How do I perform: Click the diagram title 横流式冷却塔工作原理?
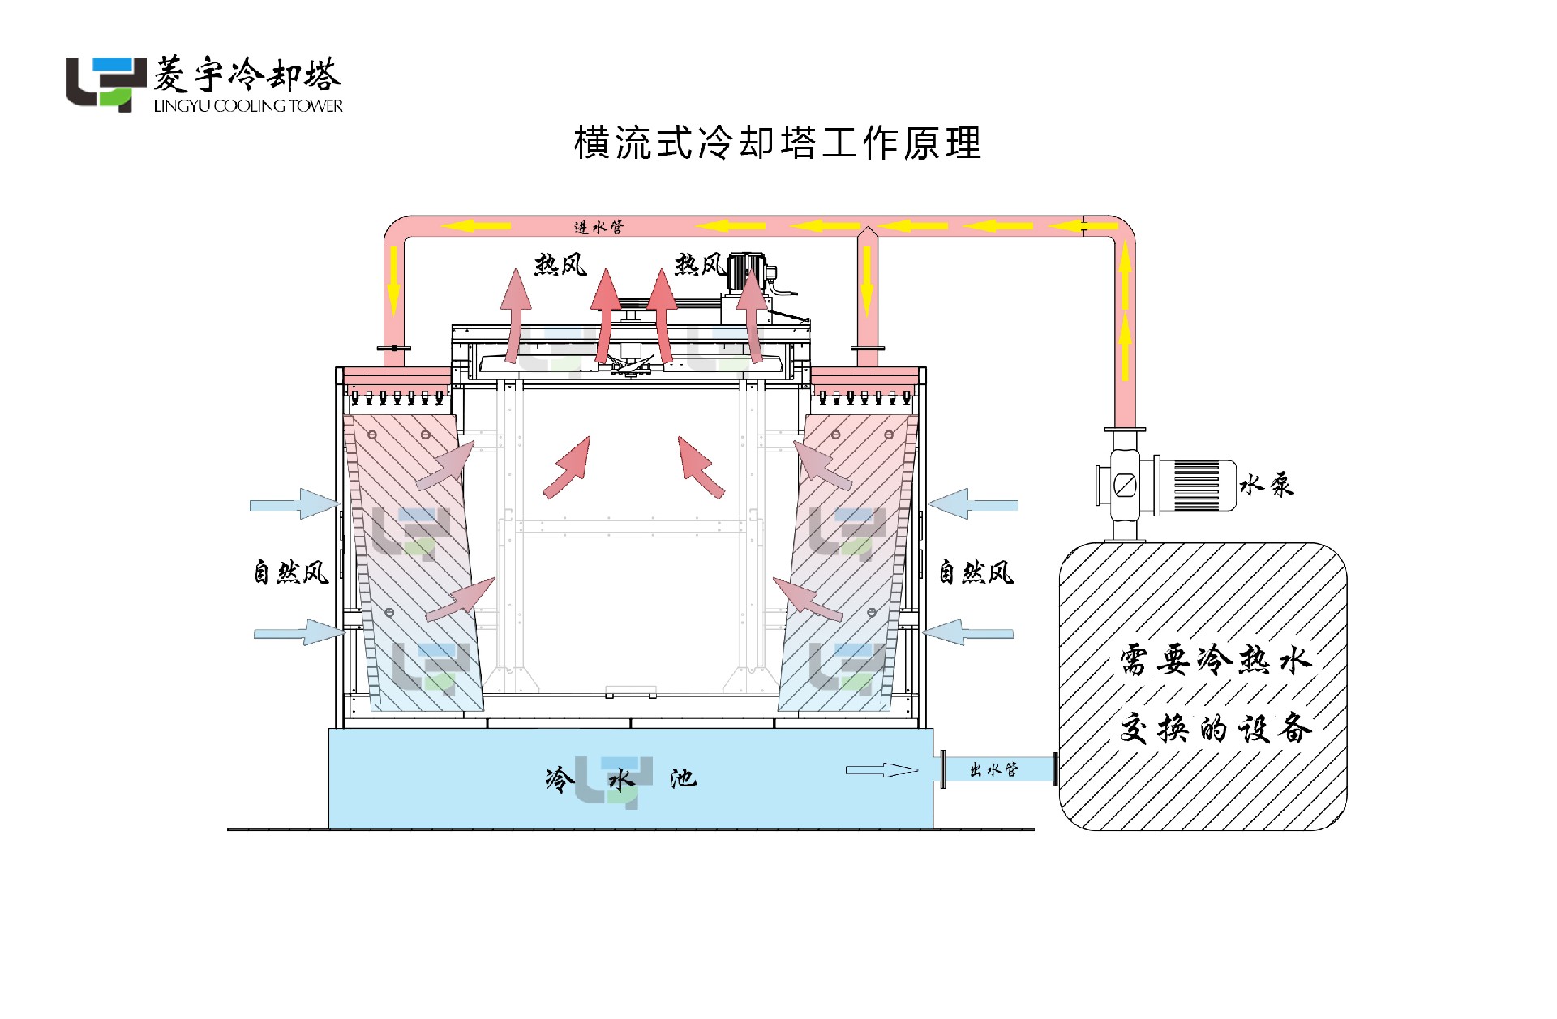[778, 143]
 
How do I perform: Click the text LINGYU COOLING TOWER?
[248, 106]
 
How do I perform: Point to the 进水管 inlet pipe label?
[598, 227]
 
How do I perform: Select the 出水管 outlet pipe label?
[993, 769]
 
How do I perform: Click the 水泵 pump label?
[1266, 485]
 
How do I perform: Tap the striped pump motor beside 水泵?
[1196, 486]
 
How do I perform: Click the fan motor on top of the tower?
[746, 272]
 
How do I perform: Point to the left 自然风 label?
[291, 572]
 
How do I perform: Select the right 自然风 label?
[976, 572]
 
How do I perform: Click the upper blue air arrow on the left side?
[294, 504]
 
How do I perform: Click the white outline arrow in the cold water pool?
[881, 770]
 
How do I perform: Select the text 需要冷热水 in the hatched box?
[1214, 660]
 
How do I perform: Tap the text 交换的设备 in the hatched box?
[1214, 728]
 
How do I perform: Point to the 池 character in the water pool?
[682, 779]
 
